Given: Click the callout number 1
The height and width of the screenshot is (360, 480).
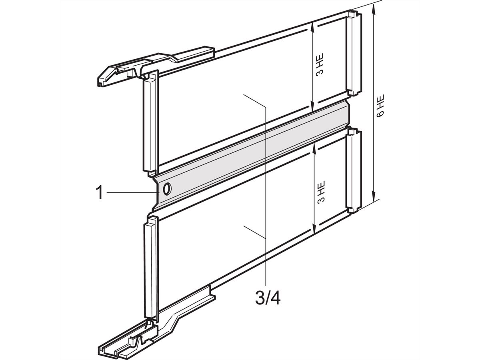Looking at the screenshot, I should pyautogui.click(x=99, y=193).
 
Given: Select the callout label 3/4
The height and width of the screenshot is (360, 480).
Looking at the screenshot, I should pyautogui.click(x=268, y=298).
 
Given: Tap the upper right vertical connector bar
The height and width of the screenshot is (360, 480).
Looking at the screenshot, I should pyautogui.click(x=353, y=54).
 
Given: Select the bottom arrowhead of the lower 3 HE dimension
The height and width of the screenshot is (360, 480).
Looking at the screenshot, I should pyautogui.click(x=315, y=230).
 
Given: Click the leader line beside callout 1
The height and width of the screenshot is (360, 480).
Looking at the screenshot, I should pyautogui.click(x=132, y=193).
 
